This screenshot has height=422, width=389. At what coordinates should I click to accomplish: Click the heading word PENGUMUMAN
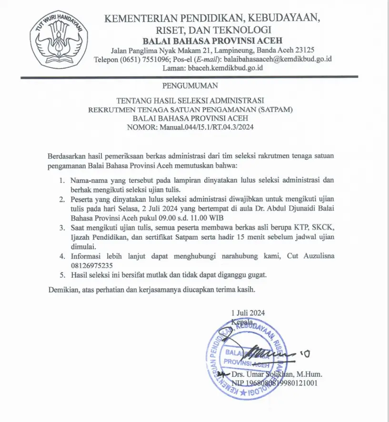pos(190,86)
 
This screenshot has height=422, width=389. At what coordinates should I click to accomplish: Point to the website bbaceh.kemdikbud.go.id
pos(226,68)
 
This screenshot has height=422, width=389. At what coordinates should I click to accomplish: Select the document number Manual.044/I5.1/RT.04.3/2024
pos(206,127)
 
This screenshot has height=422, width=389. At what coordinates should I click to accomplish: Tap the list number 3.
pos(62,229)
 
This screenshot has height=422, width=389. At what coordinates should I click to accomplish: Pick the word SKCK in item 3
pos(323,229)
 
